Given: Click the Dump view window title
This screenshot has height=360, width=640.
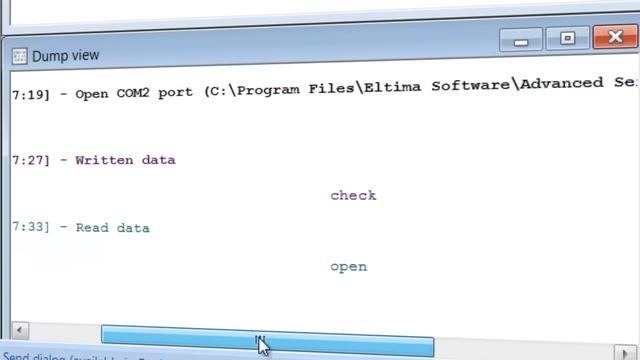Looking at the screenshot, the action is click(x=66, y=56).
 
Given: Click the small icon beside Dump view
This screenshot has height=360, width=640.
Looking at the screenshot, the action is click(x=20, y=56).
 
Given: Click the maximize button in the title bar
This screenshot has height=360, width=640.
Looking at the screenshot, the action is click(x=567, y=39).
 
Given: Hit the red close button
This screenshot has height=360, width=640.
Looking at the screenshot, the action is click(x=613, y=39).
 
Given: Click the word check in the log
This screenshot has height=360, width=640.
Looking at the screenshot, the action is click(x=353, y=195).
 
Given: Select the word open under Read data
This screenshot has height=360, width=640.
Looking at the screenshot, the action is click(x=348, y=267).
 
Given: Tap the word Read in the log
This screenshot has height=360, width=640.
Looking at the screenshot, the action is click(x=92, y=228).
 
